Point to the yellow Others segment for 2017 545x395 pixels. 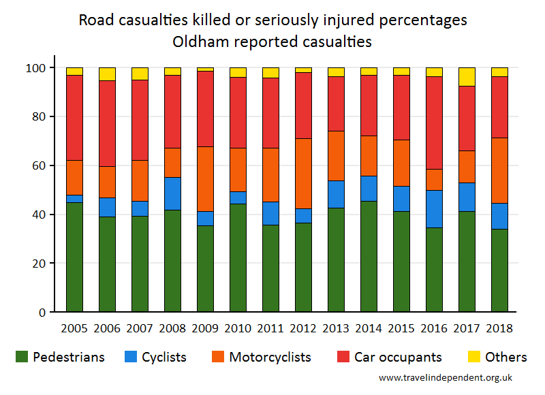(467, 77)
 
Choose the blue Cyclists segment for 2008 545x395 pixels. (172, 193)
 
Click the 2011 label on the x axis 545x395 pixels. (270, 328)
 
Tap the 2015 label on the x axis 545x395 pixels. (401, 328)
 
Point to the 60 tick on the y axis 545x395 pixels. (46, 165)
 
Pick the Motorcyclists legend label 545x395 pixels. (270, 357)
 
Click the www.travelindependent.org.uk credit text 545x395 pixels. (446, 377)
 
